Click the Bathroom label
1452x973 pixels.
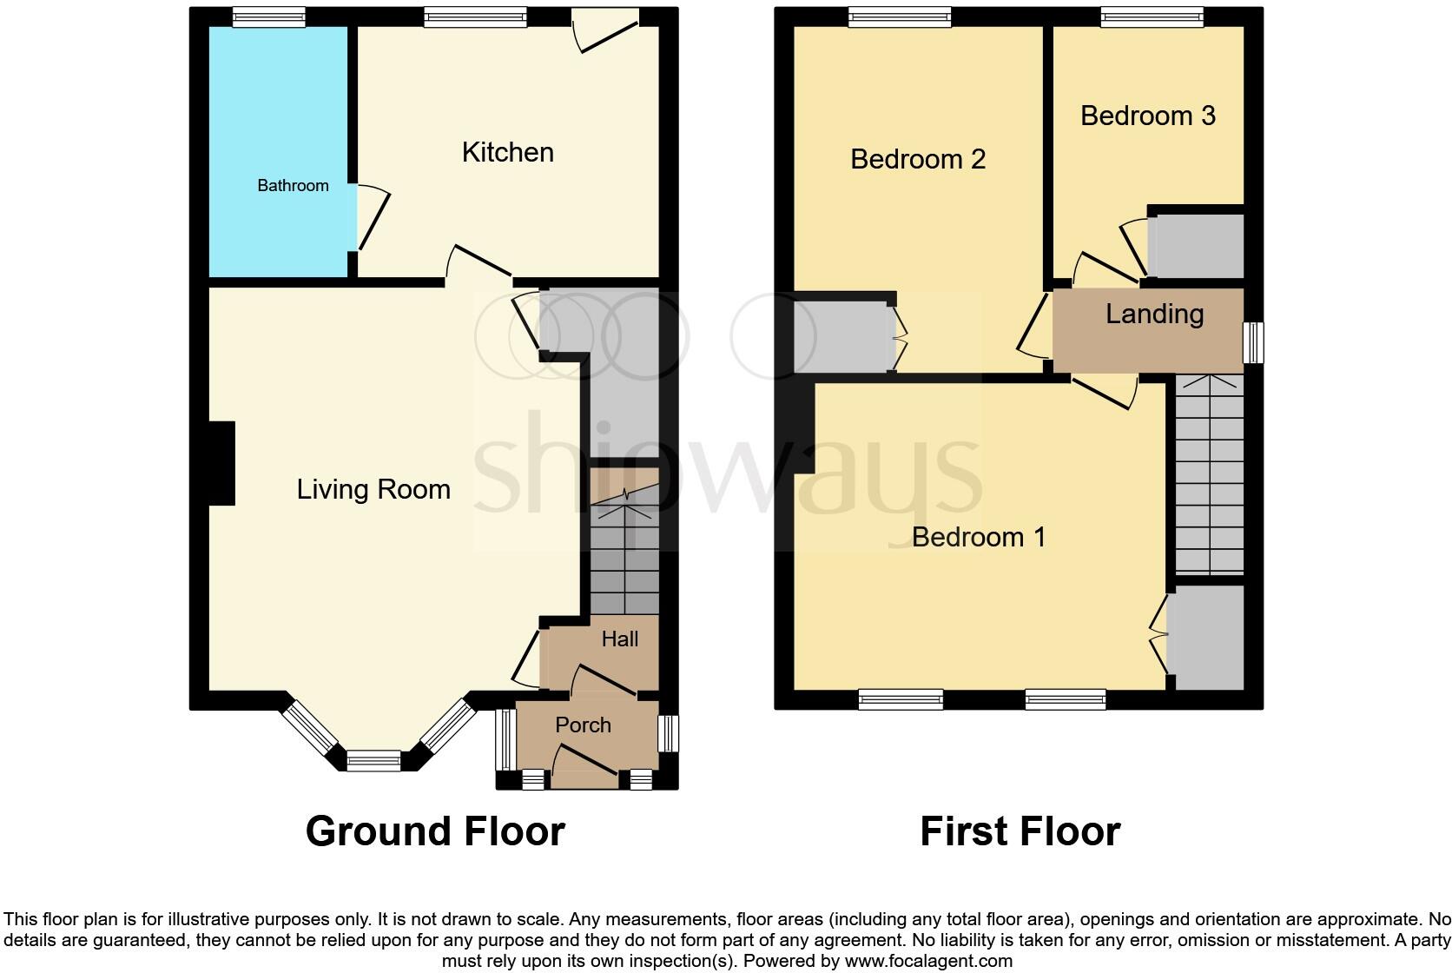293,185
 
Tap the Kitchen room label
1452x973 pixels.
507,152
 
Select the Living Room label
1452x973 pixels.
373,489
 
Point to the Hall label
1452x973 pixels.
619,639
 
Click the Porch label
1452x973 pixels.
583,725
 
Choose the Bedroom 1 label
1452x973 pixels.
978,537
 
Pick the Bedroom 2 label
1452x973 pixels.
918,159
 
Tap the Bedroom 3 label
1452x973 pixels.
1147,116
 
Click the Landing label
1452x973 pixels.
1154,314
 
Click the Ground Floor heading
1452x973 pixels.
435,831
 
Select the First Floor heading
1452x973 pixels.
1020,831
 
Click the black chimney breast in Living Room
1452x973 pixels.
221,463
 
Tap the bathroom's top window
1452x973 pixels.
269,16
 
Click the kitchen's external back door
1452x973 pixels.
607,30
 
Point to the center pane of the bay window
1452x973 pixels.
374,762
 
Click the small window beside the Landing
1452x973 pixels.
1253,342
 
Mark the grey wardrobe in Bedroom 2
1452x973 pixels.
841,336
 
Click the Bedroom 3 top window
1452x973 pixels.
1152,16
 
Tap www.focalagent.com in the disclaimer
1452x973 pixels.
927,961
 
